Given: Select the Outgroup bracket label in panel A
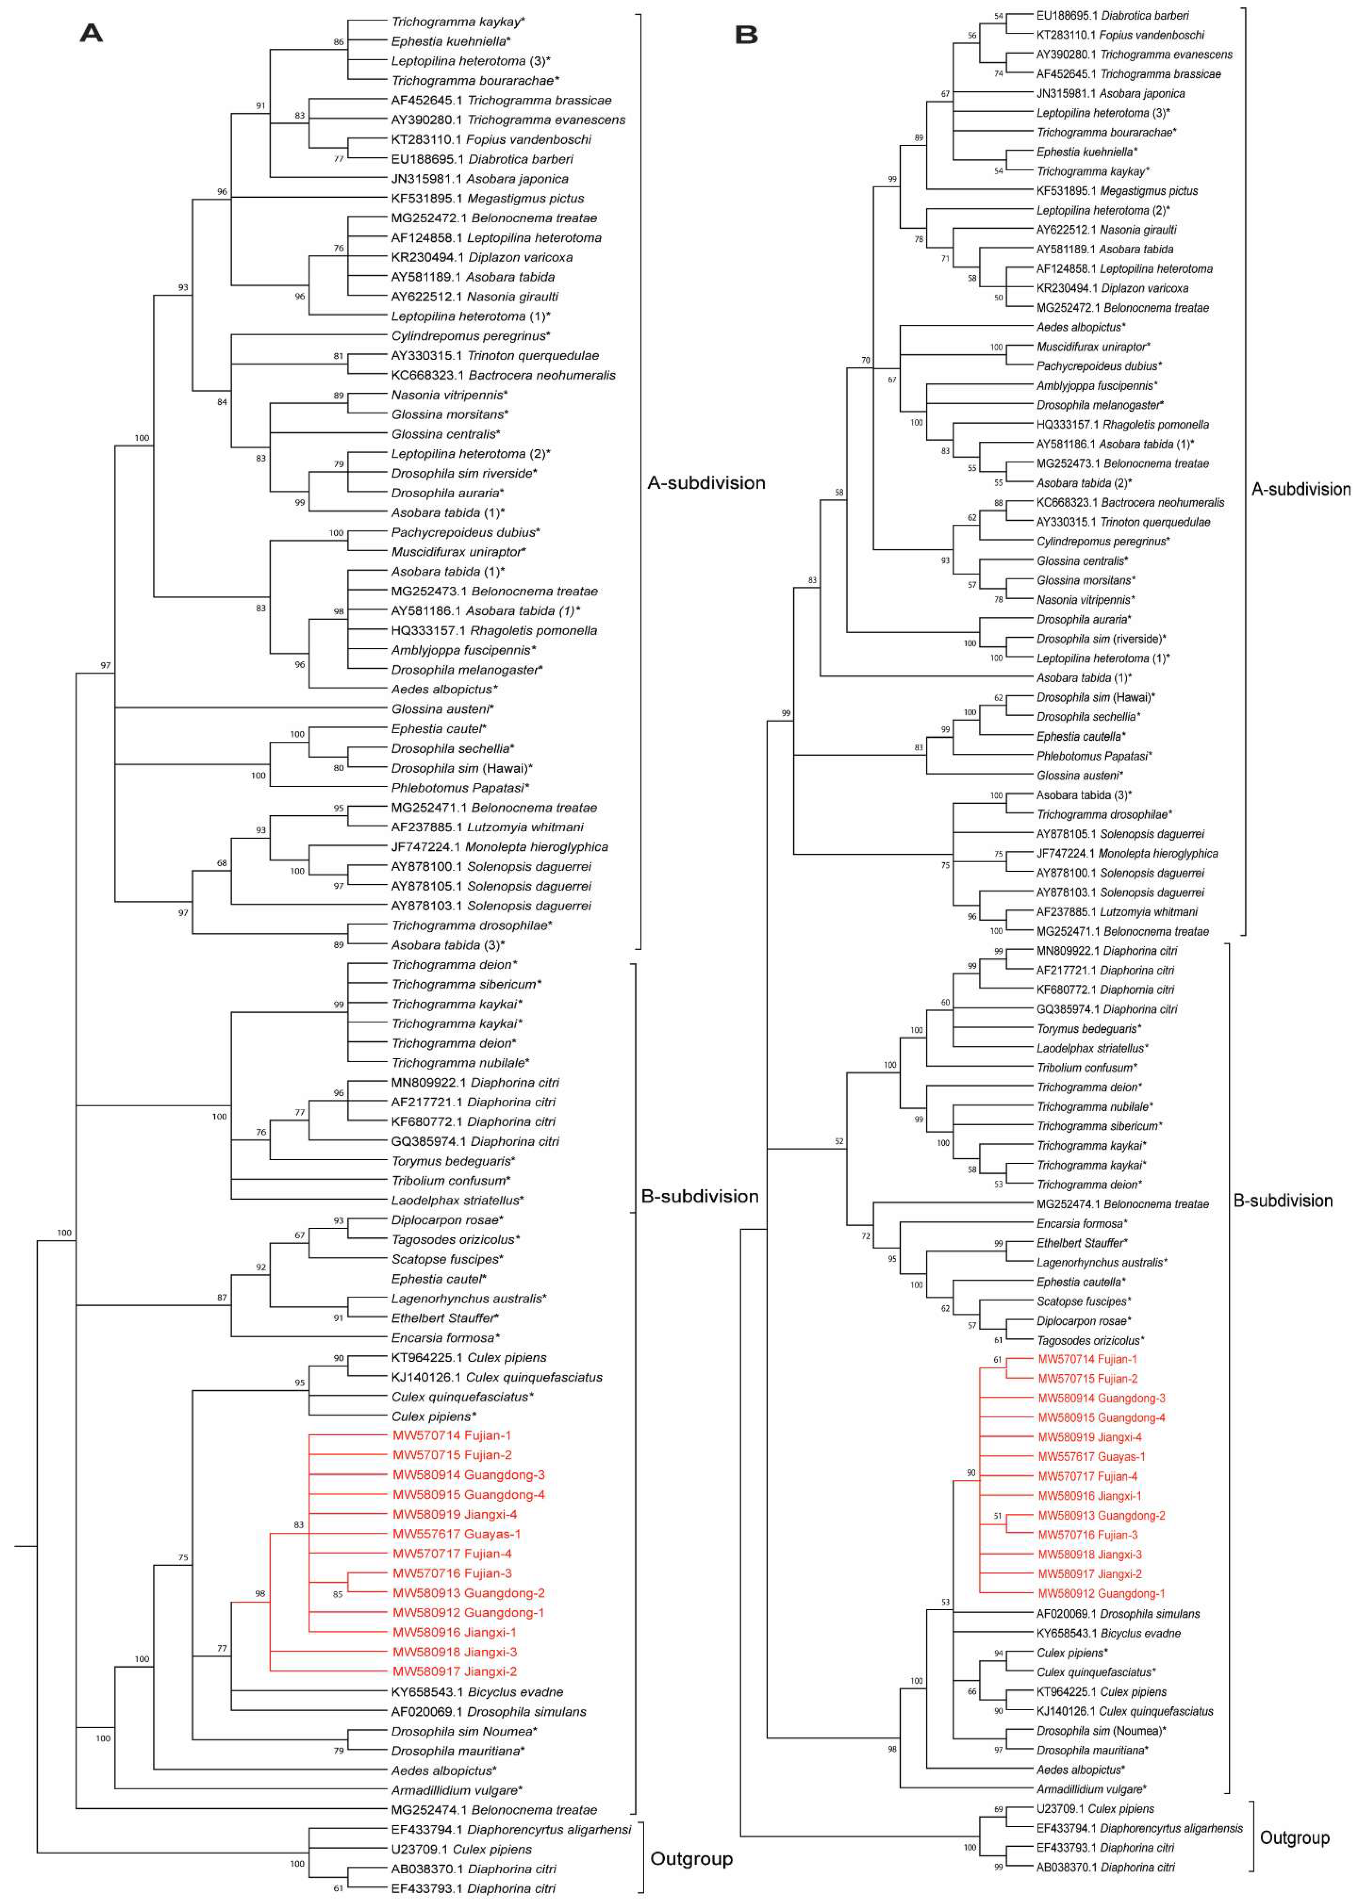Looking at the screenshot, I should (x=691, y=1859).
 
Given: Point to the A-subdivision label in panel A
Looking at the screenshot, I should (x=706, y=483).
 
